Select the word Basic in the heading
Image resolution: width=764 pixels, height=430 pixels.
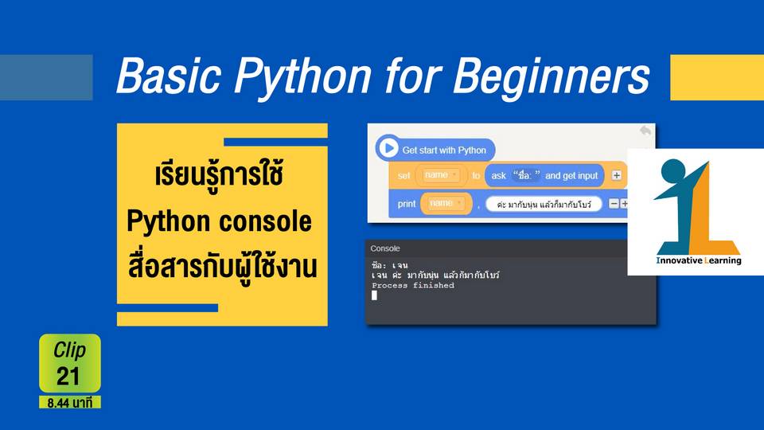click(x=169, y=76)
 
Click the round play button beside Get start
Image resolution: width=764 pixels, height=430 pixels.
click(x=388, y=148)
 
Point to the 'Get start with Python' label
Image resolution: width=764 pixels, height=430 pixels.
click(x=444, y=150)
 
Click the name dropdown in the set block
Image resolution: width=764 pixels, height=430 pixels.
click(x=441, y=175)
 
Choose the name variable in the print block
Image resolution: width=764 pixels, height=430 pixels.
click(x=446, y=203)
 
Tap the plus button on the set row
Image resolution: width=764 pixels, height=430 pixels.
click(x=616, y=175)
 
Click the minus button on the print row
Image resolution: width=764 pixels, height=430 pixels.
click(x=614, y=204)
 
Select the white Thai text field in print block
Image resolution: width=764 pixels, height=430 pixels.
click(x=544, y=205)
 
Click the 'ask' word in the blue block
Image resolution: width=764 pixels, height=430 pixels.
click(x=498, y=175)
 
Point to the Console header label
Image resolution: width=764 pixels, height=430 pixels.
click(x=385, y=248)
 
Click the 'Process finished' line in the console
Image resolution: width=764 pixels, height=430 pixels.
click(x=413, y=285)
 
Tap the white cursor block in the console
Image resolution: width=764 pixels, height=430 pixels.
click(x=374, y=295)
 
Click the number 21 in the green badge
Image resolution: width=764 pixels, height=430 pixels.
click(x=68, y=376)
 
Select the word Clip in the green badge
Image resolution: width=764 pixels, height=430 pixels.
click(x=70, y=350)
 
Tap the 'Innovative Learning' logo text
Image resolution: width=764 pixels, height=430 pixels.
click(x=699, y=260)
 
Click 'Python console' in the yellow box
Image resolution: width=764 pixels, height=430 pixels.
click(x=220, y=221)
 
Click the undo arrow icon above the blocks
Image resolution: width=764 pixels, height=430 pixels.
click(x=645, y=130)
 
